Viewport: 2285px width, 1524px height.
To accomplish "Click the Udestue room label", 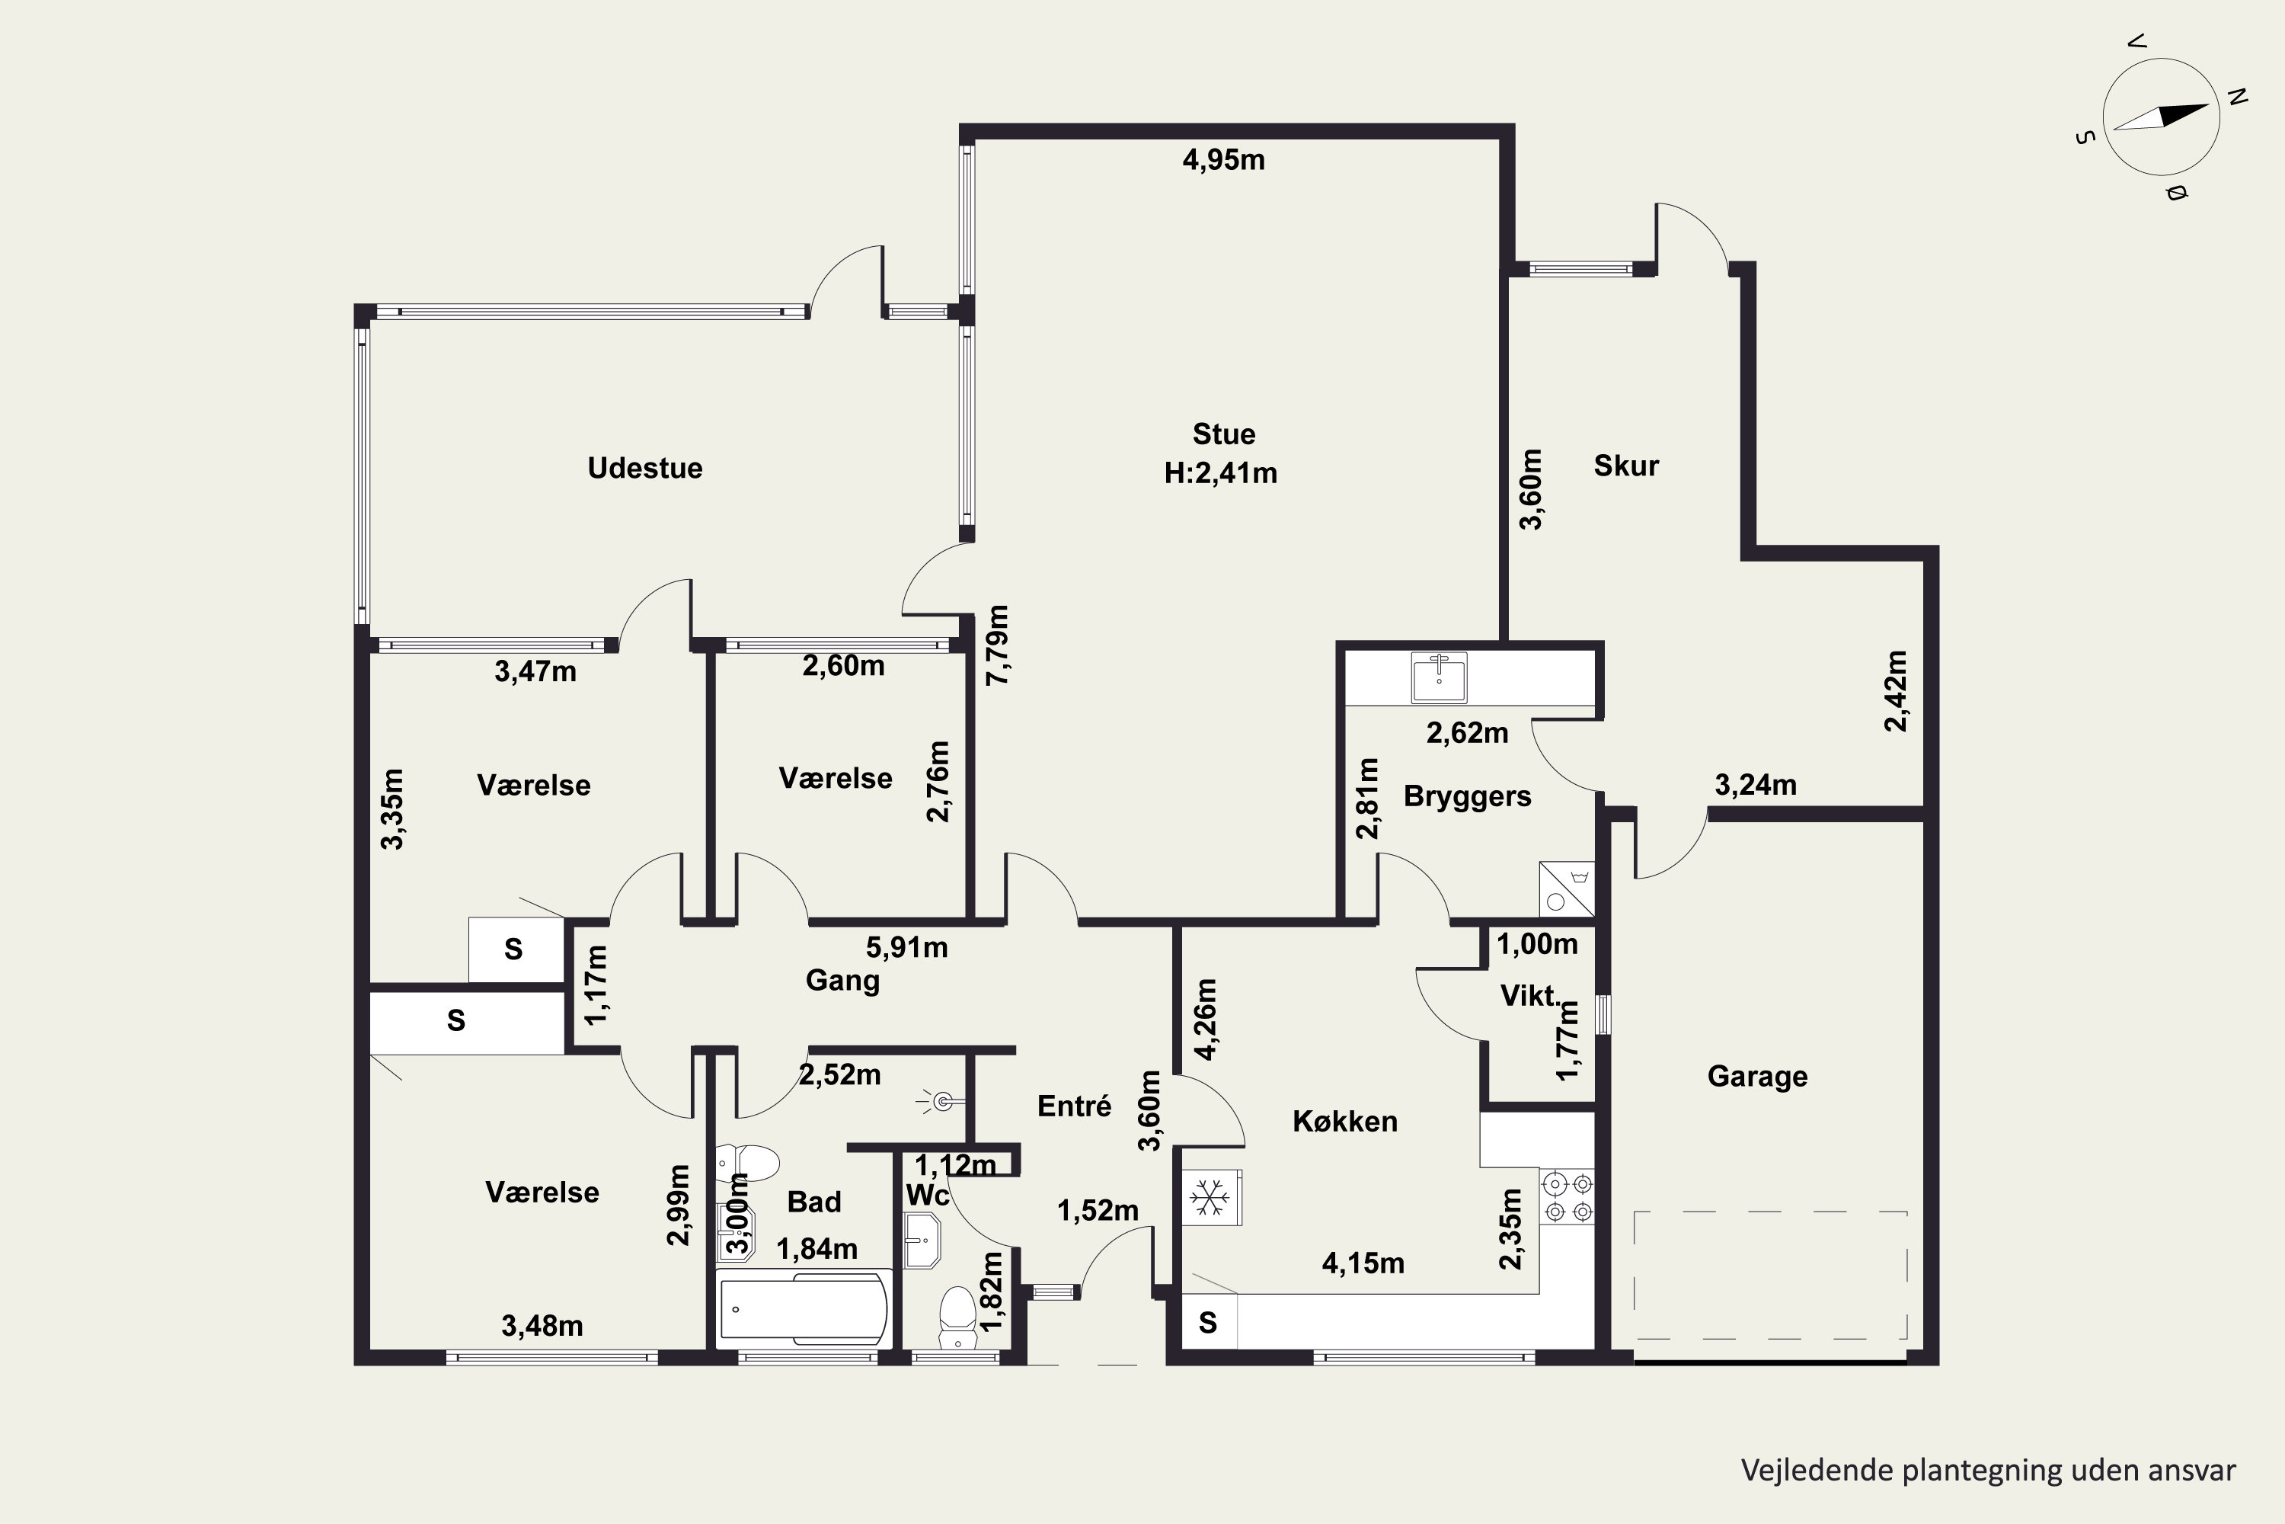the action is pos(645,468).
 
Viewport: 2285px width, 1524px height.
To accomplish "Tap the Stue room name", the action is pos(1223,434).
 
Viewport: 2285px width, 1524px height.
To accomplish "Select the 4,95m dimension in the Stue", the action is pos(1223,159).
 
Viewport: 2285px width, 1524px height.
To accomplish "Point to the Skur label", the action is pos(1626,466).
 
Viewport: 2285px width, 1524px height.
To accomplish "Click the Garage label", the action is pos(1757,1076).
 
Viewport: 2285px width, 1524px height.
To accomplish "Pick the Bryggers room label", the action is pos(1467,796).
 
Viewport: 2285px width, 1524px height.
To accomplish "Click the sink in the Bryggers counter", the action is pos(1439,677).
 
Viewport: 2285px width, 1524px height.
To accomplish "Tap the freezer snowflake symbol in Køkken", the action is pos(1210,1196).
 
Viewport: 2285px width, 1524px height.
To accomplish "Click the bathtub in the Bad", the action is pos(804,1308).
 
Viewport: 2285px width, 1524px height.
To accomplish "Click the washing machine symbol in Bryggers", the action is pos(1567,889).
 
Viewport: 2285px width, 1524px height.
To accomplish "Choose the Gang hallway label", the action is pos(842,981).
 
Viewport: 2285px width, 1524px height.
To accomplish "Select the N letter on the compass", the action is pos(2238,98).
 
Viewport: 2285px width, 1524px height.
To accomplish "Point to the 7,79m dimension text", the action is pos(998,645).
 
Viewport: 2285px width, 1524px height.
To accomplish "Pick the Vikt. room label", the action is pos(1529,995).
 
